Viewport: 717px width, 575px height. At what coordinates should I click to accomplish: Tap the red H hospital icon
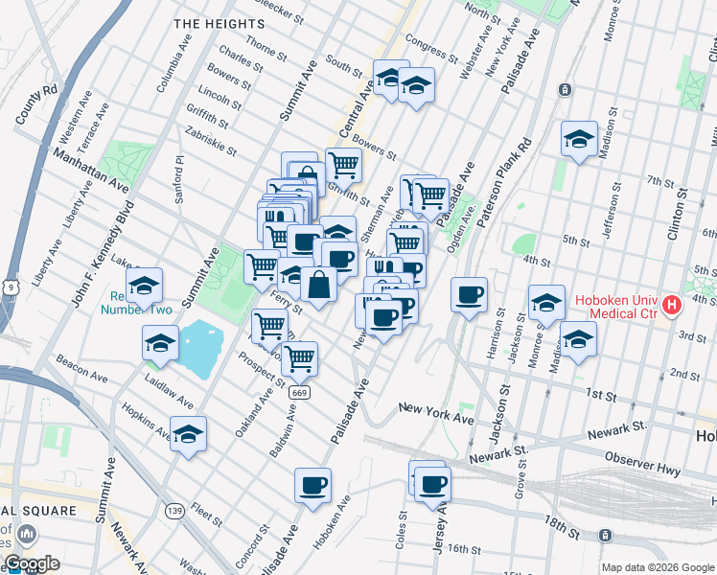pyautogui.click(x=672, y=306)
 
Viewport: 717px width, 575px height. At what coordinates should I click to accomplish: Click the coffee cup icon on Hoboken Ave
pyautogui.click(x=312, y=485)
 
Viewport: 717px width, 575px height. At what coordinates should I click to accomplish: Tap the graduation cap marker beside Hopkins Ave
pyautogui.click(x=188, y=433)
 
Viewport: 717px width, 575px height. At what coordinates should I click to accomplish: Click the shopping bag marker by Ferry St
pyautogui.click(x=318, y=285)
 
